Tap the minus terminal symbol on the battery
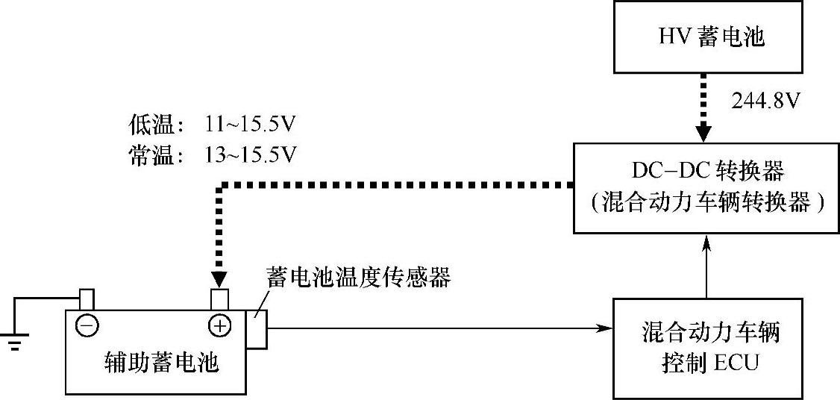pos(87,326)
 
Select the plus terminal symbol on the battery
pos(220,326)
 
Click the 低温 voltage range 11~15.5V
pos(250,124)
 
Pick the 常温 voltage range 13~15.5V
pos(250,154)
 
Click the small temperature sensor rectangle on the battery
pos(257,329)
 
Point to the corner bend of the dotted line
pos(219,186)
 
